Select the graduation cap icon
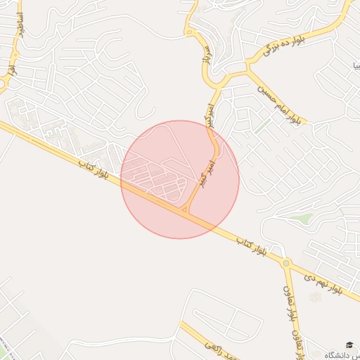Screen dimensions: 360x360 point(349,345)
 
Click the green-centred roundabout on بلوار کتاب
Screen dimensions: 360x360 point(286,264)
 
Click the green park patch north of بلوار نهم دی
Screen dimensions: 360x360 point(302,219)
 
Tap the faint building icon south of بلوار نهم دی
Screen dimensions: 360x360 point(314,298)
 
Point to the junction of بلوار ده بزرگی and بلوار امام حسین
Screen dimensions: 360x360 point(247,70)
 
